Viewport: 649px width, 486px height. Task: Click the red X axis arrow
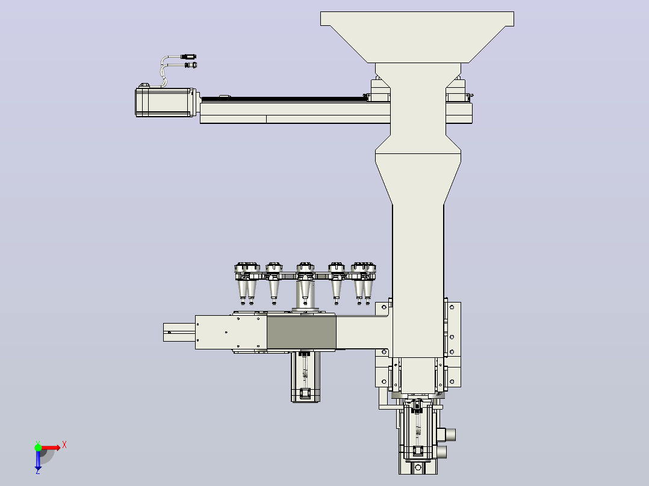pyautogui.click(x=49, y=448)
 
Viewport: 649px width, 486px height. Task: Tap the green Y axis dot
pyautogui.click(x=38, y=447)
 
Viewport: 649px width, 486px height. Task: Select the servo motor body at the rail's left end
pyautogui.click(x=165, y=102)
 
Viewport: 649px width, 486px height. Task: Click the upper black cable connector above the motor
pyautogui.click(x=189, y=57)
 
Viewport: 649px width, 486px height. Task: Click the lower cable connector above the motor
pyautogui.click(x=190, y=65)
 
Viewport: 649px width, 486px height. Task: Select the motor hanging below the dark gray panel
pyautogui.click(x=305, y=377)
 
